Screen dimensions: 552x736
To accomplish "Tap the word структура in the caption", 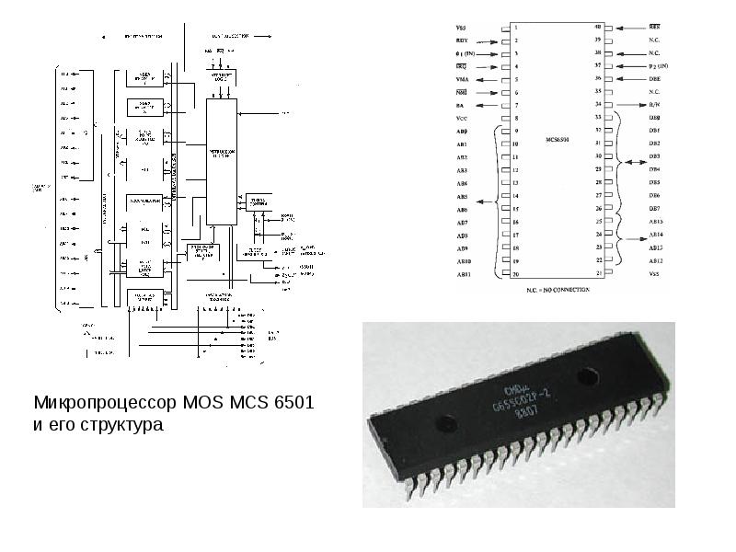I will point(119,426).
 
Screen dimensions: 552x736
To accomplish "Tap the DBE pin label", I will point(655,79).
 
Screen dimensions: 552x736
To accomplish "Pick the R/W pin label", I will point(655,106).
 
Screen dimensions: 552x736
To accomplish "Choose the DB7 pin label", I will point(655,209).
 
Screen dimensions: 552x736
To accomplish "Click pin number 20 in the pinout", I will point(516,275).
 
